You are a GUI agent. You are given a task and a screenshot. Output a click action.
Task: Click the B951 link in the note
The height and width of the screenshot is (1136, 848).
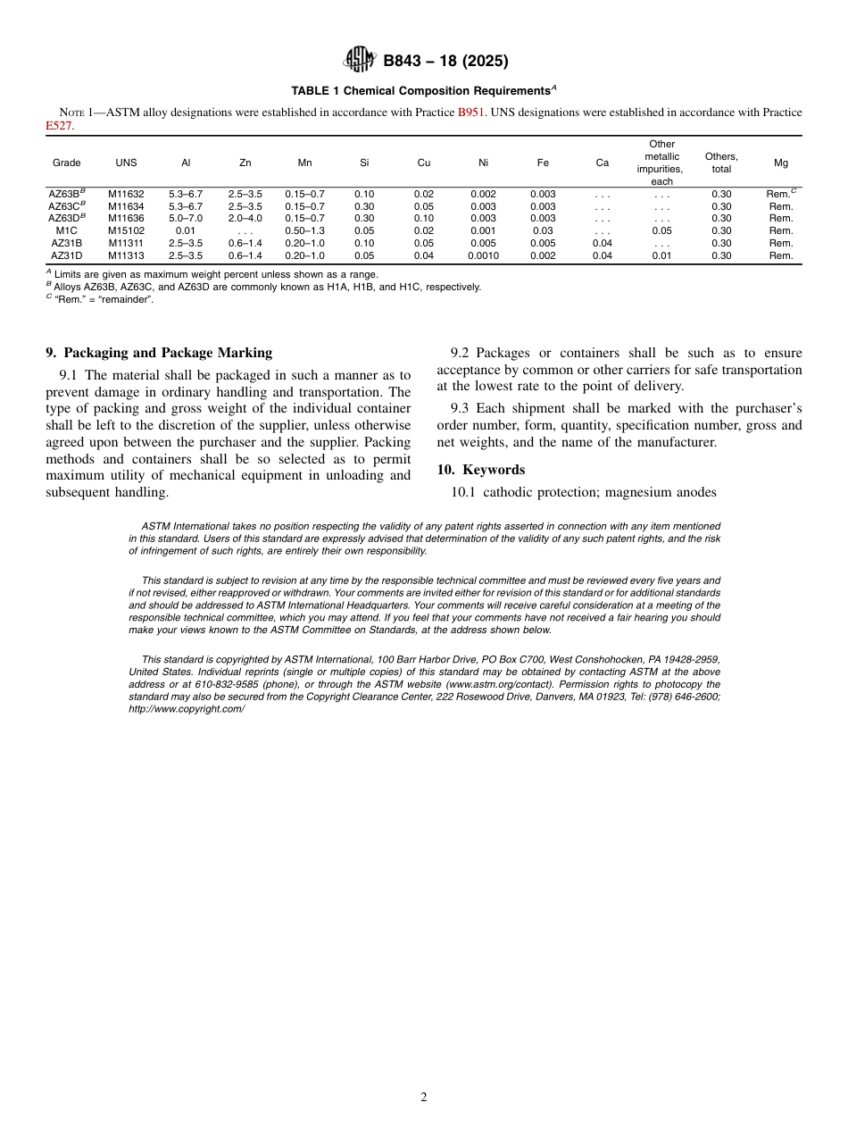(471, 113)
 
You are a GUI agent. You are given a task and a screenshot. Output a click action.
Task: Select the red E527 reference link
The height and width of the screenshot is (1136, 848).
(59, 126)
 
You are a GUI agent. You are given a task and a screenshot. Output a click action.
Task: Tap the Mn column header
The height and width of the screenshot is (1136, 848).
(304, 163)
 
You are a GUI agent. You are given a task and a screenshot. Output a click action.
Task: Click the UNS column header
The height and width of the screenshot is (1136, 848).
(126, 163)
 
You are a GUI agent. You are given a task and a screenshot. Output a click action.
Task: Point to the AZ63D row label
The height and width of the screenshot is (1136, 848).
(66, 218)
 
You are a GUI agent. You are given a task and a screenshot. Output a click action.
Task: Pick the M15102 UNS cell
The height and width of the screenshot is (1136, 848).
(126, 230)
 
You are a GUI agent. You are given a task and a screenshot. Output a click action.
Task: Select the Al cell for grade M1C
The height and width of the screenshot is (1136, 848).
(186, 230)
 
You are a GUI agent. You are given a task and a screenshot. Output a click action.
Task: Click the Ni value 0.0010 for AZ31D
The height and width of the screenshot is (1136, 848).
(483, 255)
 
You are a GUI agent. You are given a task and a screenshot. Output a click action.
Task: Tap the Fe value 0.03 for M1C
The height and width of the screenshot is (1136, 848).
(543, 230)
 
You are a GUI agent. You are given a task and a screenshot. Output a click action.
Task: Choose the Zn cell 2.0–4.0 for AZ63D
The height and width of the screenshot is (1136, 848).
(245, 218)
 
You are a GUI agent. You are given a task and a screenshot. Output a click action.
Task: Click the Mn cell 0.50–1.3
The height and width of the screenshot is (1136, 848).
(304, 230)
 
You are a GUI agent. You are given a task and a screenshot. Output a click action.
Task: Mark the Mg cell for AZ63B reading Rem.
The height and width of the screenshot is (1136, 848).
(779, 194)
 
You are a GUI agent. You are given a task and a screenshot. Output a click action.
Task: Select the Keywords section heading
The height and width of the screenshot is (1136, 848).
(481, 470)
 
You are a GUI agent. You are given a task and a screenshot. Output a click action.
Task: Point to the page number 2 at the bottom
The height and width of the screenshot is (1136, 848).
(424, 1098)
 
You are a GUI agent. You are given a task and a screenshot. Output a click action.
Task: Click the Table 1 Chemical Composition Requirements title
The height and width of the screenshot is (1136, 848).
(423, 91)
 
